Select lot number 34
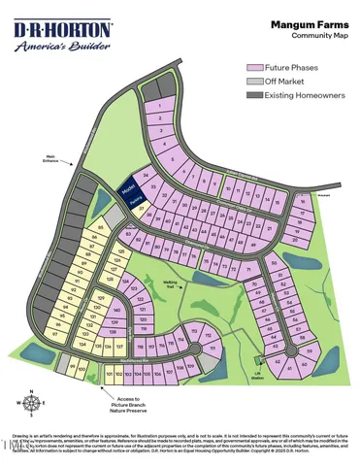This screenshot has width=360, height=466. click(x=146, y=176)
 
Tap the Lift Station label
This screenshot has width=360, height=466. click(x=258, y=376)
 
